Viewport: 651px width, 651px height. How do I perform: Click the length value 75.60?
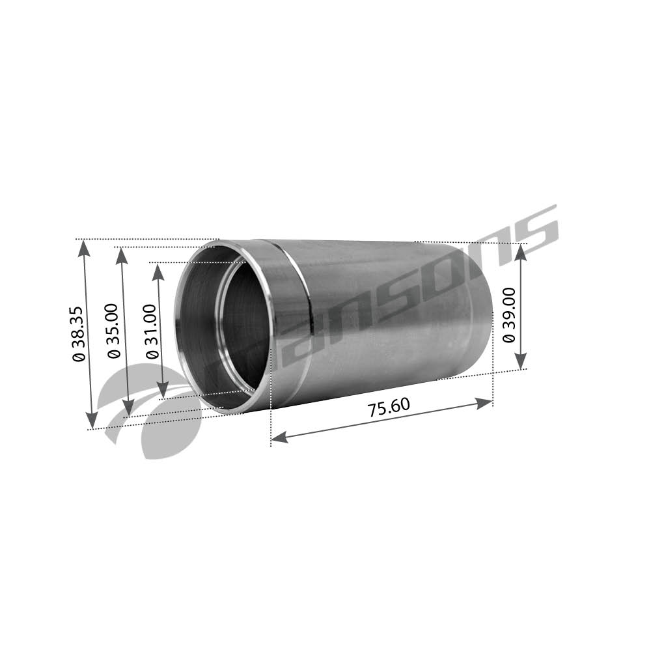tap(389, 408)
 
